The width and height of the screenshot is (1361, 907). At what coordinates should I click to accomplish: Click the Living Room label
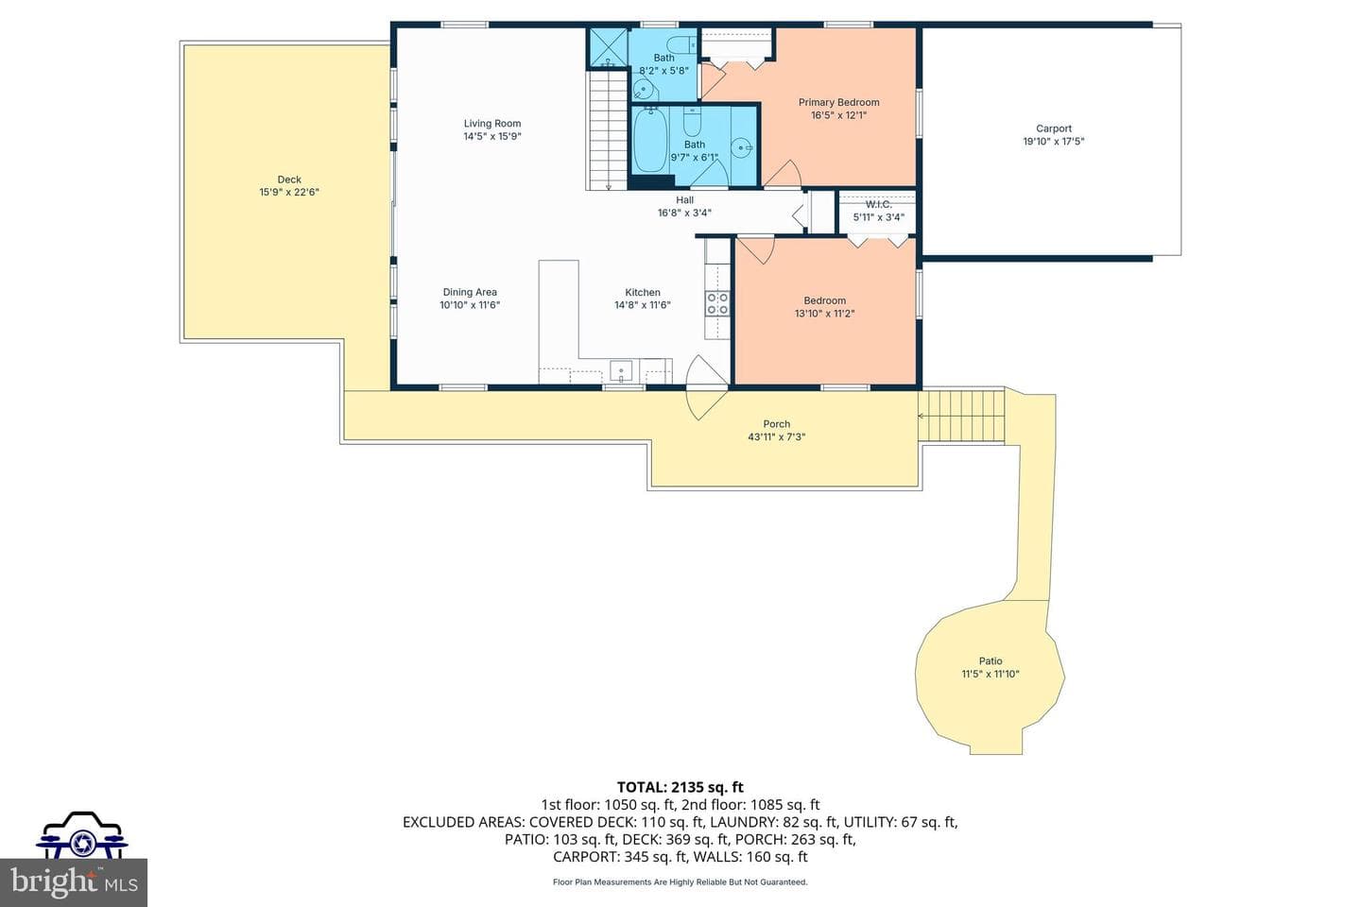pos(492,124)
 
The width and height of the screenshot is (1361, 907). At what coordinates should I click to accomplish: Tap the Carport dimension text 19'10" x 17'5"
pos(1054,142)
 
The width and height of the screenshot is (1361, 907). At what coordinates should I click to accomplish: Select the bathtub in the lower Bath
pos(650,141)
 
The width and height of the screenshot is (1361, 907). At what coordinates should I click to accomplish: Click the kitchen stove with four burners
pos(717,304)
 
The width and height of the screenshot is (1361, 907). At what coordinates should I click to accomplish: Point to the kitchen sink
pos(621,370)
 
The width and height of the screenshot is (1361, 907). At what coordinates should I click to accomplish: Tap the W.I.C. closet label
pos(879,205)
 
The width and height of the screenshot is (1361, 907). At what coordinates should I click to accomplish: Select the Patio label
pos(991,661)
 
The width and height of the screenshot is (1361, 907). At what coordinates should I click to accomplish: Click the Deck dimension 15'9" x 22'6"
pos(289,193)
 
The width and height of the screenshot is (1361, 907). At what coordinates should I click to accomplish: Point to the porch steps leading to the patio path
pos(960,416)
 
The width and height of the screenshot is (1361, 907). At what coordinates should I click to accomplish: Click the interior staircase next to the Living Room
pos(608,130)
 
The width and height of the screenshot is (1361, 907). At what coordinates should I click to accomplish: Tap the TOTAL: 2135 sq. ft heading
pos(680,787)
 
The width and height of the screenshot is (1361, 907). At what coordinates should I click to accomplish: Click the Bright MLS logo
pos(74,882)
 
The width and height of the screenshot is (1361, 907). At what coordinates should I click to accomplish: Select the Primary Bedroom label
pos(839,102)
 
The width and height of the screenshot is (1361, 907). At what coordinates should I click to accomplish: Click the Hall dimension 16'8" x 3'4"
pos(684,214)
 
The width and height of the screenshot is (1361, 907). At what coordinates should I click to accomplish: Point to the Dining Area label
pos(470,292)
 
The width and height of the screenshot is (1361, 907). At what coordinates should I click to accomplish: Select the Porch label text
pos(777,424)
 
